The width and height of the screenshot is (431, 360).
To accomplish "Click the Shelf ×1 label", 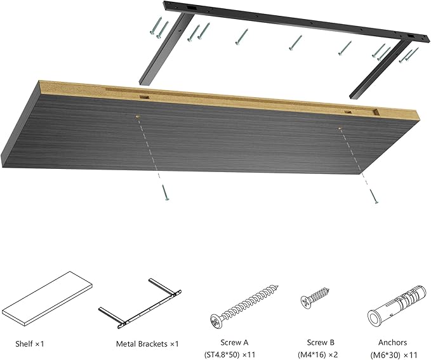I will pyautogui.click(x=30, y=343).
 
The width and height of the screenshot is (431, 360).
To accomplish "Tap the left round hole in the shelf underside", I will pyautogui.click(x=138, y=116).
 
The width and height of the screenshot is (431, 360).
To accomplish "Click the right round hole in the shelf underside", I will pyautogui.click(x=338, y=128).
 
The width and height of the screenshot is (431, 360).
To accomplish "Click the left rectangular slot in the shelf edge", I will pyautogui.click(x=145, y=97).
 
